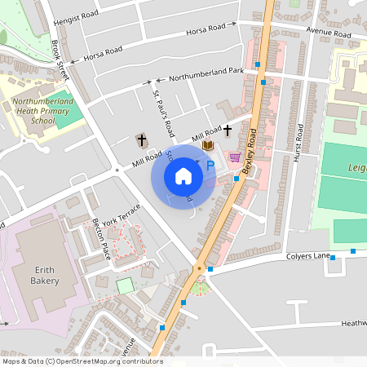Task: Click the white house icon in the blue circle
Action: [x=183, y=175]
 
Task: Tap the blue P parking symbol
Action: [x=210, y=166]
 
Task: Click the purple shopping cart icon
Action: [x=235, y=157]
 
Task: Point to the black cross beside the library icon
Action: [x=228, y=130]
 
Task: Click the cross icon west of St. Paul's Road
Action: [x=140, y=140]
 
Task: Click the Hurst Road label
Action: [x=299, y=142]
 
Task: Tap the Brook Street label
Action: [x=62, y=60]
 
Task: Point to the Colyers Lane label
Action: [x=307, y=256]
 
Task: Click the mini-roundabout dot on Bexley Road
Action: [x=197, y=268]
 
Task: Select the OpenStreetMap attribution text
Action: [x=82, y=361]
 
